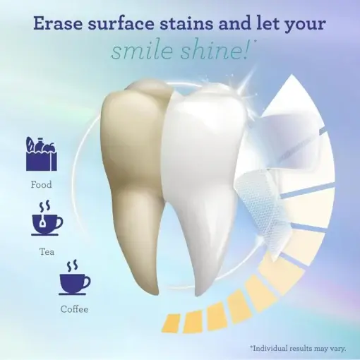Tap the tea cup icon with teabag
[x=46, y=220]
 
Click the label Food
[x=41, y=185]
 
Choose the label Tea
[x=46, y=250]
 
